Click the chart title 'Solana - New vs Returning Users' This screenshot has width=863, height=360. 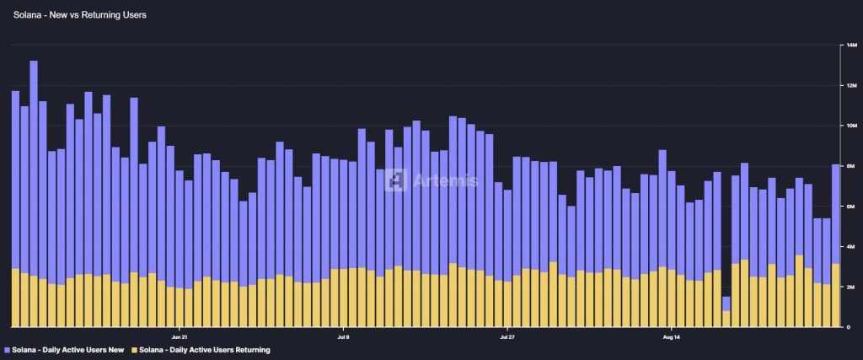(x=80, y=15)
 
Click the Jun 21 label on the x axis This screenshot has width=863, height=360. (x=179, y=335)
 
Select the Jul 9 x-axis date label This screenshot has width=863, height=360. (x=342, y=335)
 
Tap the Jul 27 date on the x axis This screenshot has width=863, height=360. (x=507, y=335)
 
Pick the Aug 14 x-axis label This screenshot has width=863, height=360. (x=671, y=335)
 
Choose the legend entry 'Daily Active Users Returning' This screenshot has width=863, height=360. (x=206, y=349)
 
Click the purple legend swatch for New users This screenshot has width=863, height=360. (x=8, y=349)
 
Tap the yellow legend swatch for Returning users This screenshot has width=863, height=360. (x=133, y=349)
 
